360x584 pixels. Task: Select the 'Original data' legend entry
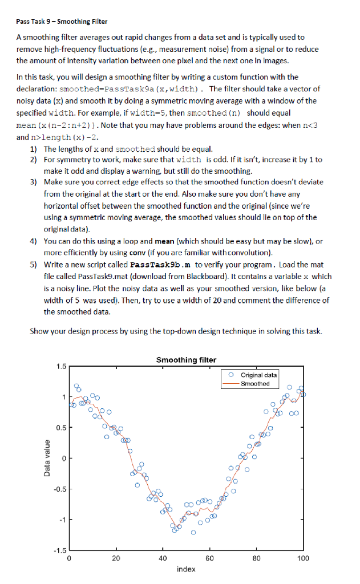[259, 375]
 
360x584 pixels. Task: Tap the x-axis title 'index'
[186, 569]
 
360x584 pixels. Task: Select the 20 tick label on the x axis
[116, 558]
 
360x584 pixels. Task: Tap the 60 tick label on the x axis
[209, 558]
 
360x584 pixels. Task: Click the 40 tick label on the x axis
[163, 558]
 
